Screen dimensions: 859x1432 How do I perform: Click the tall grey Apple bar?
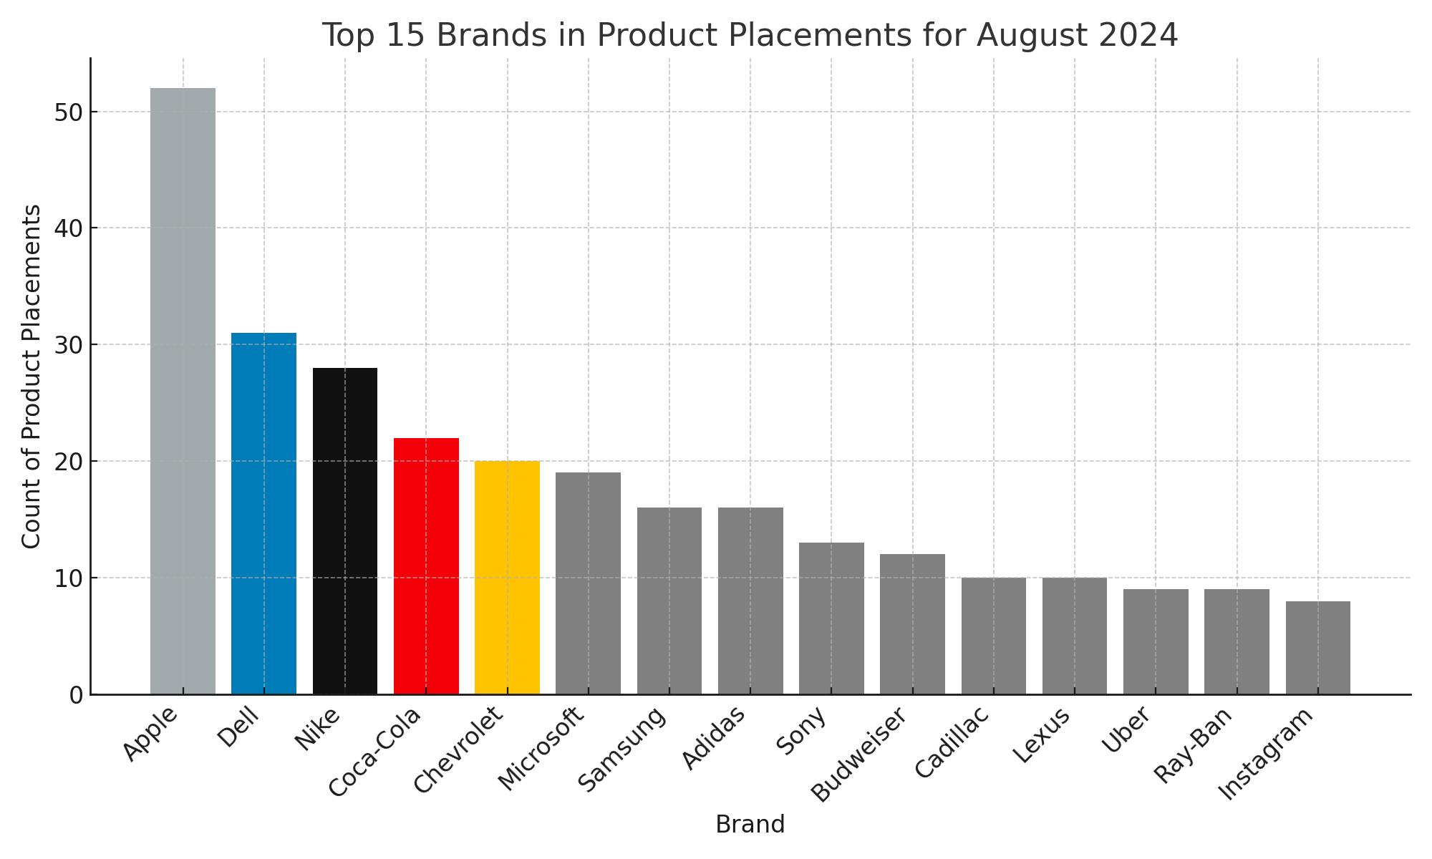coord(183,391)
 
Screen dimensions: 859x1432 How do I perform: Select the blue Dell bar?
coord(263,513)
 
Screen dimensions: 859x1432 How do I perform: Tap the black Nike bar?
coord(345,530)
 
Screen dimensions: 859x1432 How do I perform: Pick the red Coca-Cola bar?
coord(426,566)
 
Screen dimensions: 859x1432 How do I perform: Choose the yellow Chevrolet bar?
coord(507,577)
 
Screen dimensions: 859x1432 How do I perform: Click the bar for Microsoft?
coord(588,583)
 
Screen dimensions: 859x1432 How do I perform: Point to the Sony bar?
coord(831,618)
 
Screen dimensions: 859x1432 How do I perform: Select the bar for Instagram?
coord(1317,647)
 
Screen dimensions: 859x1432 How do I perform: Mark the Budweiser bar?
coord(912,623)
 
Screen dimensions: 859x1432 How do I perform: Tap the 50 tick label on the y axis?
coord(69,112)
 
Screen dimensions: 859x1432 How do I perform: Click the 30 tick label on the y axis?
coord(69,345)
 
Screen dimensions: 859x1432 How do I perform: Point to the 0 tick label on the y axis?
coord(77,695)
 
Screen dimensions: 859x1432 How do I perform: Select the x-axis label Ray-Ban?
coord(1194,745)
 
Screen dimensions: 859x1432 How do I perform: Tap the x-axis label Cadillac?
coord(952,742)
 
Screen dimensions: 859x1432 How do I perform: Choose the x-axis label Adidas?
coord(713,738)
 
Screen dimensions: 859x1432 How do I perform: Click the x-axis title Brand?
coord(750,825)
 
